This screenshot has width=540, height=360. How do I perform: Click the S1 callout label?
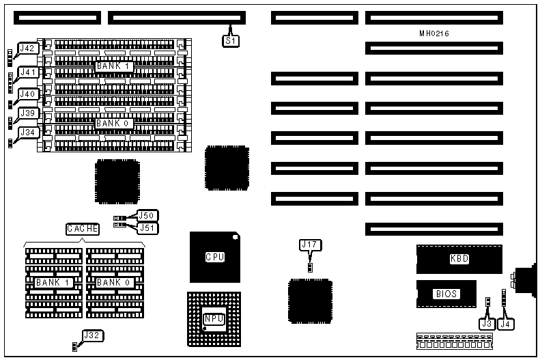coord(231,41)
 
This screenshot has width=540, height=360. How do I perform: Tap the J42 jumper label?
coord(28,49)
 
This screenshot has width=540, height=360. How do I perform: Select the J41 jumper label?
coord(28,72)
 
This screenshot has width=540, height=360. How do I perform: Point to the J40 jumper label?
coord(28,94)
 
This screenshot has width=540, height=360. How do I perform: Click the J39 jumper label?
coord(28,113)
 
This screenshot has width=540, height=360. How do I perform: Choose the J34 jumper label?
coord(28,132)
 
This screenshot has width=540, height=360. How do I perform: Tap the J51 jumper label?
coord(147,228)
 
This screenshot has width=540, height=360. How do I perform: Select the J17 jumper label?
coord(310,245)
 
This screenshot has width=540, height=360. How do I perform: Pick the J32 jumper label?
coord(92,335)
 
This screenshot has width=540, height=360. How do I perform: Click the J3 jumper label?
coord(486,324)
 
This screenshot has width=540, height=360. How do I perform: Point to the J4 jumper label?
coord(505,324)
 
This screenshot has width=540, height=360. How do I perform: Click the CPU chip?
coord(215,258)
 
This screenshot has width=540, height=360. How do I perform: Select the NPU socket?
coord(213,319)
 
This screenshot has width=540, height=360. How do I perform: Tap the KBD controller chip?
coord(459,259)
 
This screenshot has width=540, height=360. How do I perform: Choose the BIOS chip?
coord(445,294)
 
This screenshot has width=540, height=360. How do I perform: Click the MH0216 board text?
coord(434,33)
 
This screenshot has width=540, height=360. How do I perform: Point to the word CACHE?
coord(83,229)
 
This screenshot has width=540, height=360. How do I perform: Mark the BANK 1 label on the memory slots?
coord(113,66)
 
